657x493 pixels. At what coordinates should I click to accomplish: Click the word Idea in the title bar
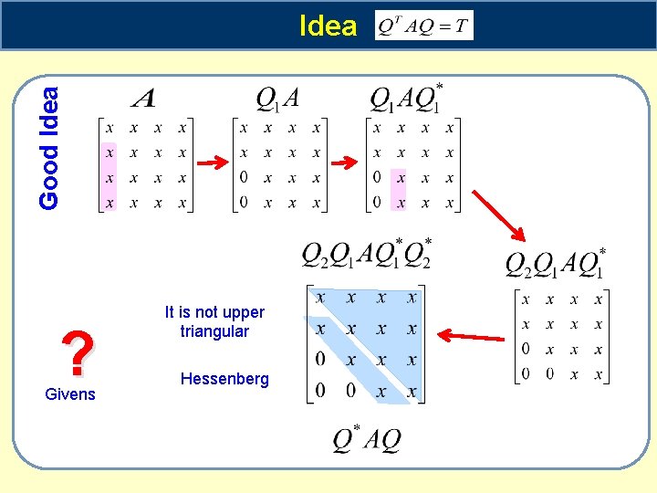click(328, 26)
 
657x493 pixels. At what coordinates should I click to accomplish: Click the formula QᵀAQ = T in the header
click(424, 26)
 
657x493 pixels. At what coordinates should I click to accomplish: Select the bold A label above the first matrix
click(143, 97)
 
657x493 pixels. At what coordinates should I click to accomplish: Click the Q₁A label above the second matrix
click(278, 97)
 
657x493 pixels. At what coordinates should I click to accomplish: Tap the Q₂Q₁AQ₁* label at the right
click(556, 262)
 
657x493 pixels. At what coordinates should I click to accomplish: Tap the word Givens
click(69, 394)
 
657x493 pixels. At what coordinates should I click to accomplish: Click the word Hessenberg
click(224, 378)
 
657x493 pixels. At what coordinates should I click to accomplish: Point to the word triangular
click(214, 331)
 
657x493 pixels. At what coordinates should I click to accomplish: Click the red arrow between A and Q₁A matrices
click(213, 163)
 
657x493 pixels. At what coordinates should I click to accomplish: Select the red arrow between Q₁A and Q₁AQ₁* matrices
click(347, 163)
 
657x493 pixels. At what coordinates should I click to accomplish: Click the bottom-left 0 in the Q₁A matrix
click(244, 203)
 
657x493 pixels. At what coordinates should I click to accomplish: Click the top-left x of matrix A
click(109, 128)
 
